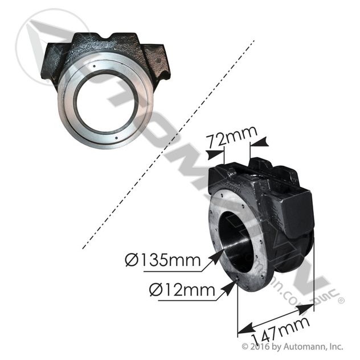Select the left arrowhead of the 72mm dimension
pyautogui.click(x=222, y=153)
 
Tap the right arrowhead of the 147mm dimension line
pyautogui.click(x=313, y=307)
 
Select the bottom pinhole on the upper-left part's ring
pyautogui.click(x=120, y=137)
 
